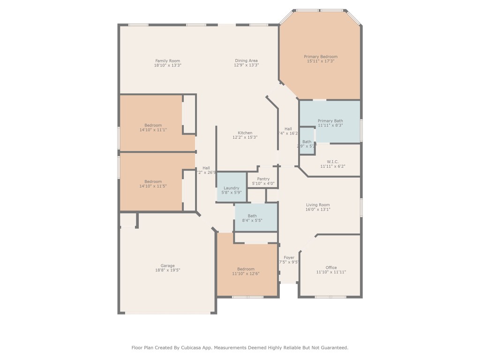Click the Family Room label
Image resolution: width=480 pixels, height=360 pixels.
point(167,60)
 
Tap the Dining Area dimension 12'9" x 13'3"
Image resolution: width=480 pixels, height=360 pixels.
point(246,65)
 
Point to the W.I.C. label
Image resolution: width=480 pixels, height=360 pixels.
point(332,162)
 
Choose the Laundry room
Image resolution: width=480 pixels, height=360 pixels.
point(231,188)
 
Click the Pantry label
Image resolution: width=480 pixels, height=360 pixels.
point(263,179)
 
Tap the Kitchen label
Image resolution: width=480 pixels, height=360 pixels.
point(245,133)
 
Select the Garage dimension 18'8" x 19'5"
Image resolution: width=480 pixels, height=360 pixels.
point(167,270)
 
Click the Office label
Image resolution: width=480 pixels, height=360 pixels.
point(331,268)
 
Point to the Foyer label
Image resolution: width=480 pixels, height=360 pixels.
point(289,257)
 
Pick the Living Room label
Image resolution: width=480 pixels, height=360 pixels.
point(318,205)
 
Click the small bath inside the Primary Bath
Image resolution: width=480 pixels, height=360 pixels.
point(307,142)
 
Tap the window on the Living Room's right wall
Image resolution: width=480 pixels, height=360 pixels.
point(361,207)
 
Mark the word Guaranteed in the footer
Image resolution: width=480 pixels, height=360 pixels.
point(334,348)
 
